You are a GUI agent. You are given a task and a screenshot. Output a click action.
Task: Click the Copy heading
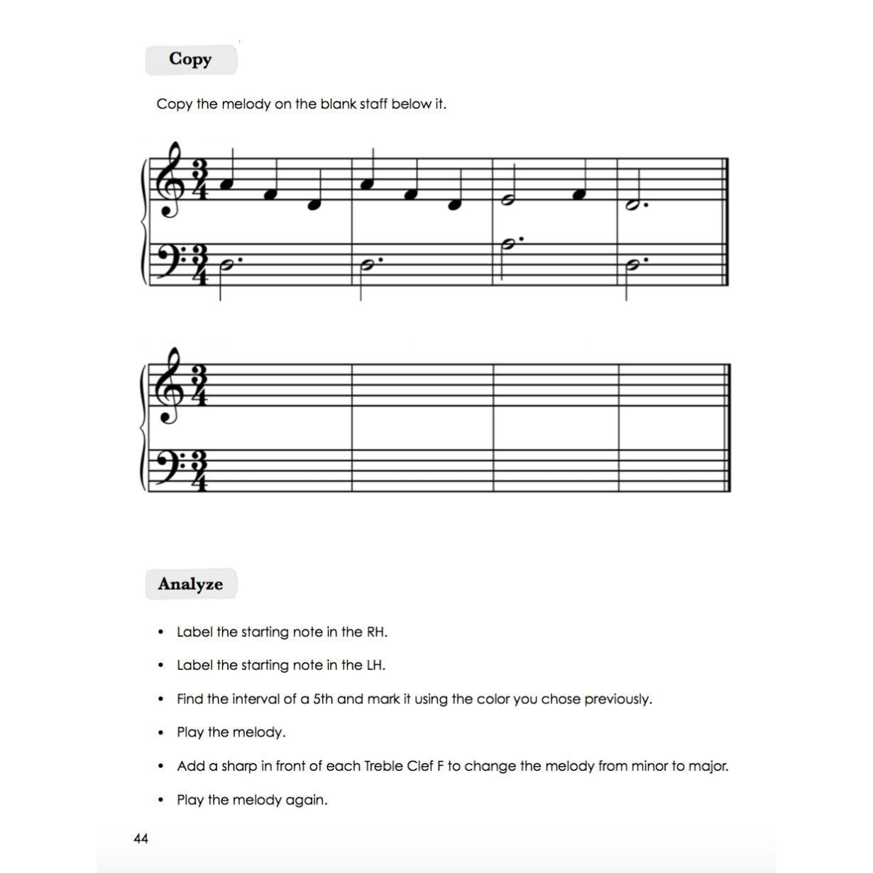190,60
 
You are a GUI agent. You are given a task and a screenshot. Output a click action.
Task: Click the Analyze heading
190,584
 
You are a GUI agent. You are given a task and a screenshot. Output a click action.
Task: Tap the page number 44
141,839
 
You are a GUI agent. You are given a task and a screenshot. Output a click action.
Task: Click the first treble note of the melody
226,185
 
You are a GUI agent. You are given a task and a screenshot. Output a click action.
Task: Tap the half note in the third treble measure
507,201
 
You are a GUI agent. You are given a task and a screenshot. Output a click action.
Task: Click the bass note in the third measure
508,245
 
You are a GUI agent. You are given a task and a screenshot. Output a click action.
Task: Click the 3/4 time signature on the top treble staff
199,180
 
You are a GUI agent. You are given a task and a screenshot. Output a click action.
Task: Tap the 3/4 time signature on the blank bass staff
199,471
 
